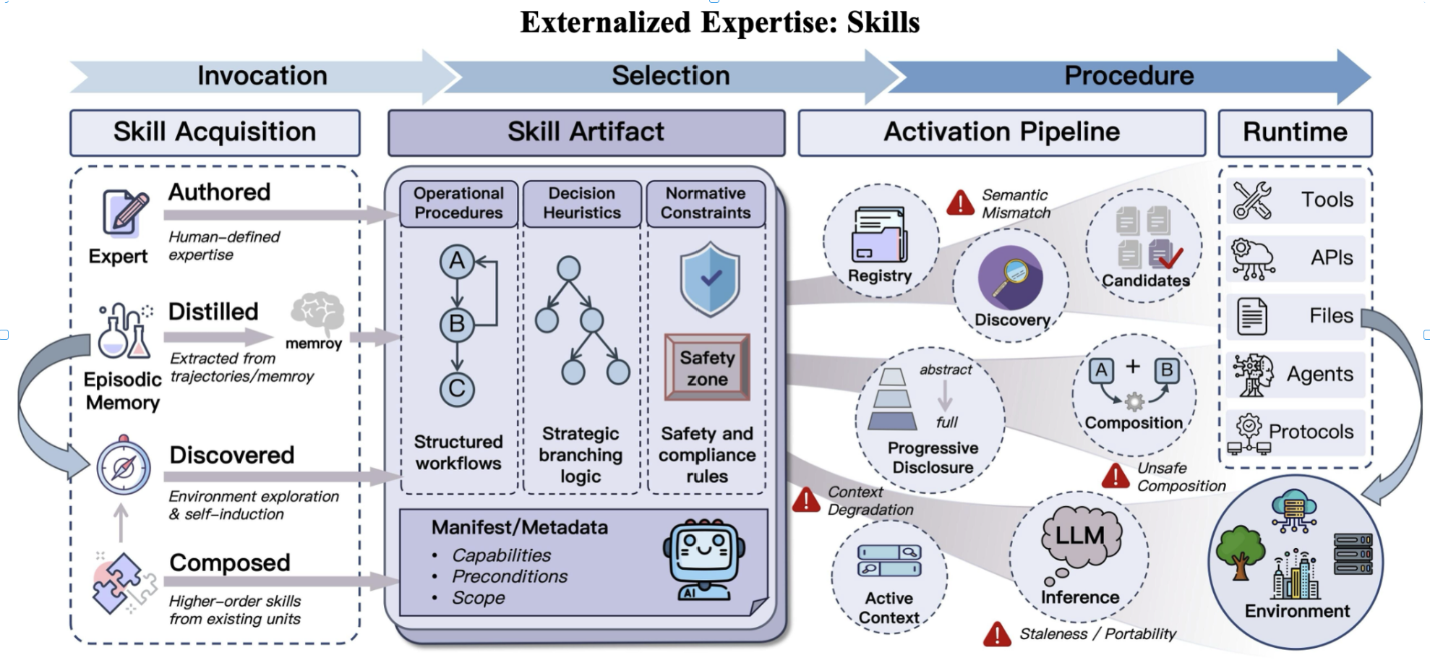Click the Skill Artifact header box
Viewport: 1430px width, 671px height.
coord(586,132)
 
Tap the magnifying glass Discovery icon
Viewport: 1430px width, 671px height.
coord(1010,278)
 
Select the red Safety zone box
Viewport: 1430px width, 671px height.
coord(707,367)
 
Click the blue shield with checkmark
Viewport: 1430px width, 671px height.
coord(709,279)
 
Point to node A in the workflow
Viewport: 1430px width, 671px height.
coord(457,261)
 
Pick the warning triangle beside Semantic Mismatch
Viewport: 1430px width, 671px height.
coord(960,203)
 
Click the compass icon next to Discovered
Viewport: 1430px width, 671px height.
coord(124,468)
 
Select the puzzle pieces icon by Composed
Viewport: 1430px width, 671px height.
coord(120,583)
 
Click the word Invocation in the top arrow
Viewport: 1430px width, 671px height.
coord(262,76)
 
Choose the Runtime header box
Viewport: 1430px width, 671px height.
coord(1295,132)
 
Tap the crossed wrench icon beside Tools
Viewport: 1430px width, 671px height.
coord(1252,200)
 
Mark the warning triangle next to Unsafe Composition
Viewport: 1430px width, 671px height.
coord(1116,476)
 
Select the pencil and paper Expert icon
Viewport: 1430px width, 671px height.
coord(124,213)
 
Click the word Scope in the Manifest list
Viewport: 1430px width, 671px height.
coord(478,598)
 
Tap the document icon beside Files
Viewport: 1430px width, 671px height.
coord(1251,316)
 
